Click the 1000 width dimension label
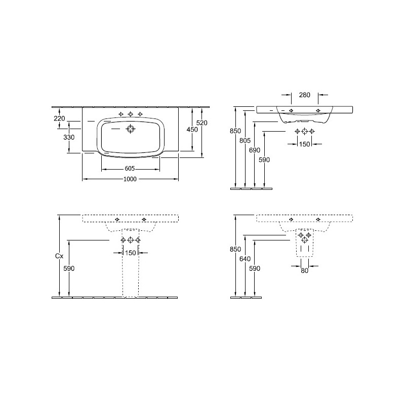point(130,179)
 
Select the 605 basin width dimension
point(130,169)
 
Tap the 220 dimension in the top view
point(59,118)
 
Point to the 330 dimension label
point(69,137)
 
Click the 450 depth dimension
point(192,129)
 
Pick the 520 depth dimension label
point(201,123)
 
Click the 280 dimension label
point(305,95)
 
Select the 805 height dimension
point(245,140)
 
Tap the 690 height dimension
point(255,150)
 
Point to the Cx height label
point(59,256)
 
